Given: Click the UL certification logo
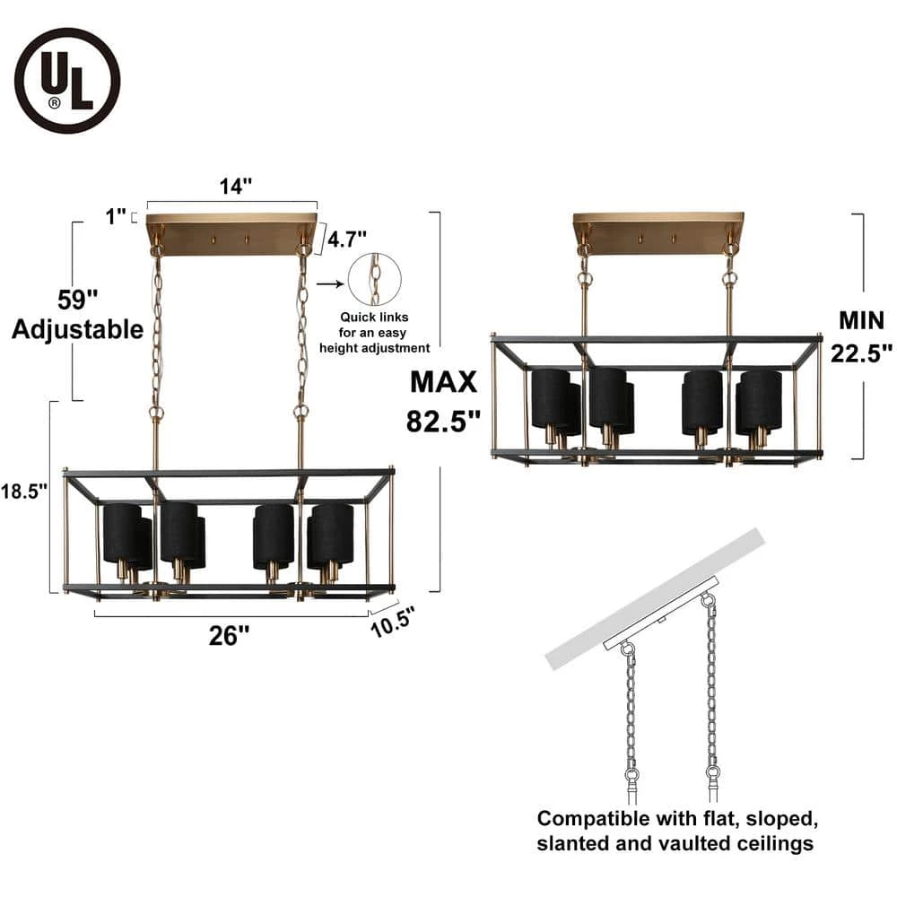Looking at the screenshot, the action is click(x=67, y=82).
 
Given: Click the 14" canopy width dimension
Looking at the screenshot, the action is click(x=236, y=186).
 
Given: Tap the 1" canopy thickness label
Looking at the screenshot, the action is click(x=116, y=216).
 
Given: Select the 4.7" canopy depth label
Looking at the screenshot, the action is click(x=346, y=239).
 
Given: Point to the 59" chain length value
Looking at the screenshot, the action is click(x=78, y=300).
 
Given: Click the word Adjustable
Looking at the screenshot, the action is click(x=78, y=329).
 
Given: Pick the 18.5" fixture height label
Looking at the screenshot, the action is click(x=23, y=491).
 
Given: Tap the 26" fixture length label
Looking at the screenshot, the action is click(x=229, y=636).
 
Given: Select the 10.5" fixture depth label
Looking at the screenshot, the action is click(x=393, y=622).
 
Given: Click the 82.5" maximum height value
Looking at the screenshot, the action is click(x=443, y=422).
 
